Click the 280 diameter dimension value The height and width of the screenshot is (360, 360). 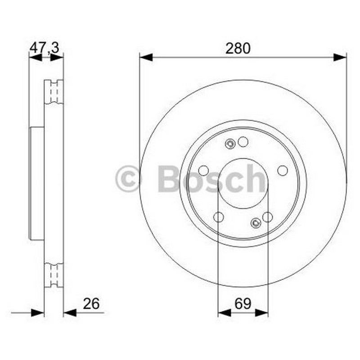click(x=238, y=49)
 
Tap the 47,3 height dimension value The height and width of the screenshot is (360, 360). click(x=45, y=48)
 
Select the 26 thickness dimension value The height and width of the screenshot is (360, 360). click(x=91, y=303)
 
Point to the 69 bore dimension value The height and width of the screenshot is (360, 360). click(x=243, y=303)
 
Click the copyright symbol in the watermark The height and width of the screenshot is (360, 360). click(x=127, y=178)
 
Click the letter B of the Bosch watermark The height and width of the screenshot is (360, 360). click(x=169, y=178)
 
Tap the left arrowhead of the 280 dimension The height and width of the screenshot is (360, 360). click(x=146, y=57)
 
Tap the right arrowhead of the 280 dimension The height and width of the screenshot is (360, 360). click(x=340, y=57)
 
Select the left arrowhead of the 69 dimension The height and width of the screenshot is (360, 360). click(x=224, y=312)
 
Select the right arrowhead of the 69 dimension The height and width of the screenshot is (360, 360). click(x=261, y=312)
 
